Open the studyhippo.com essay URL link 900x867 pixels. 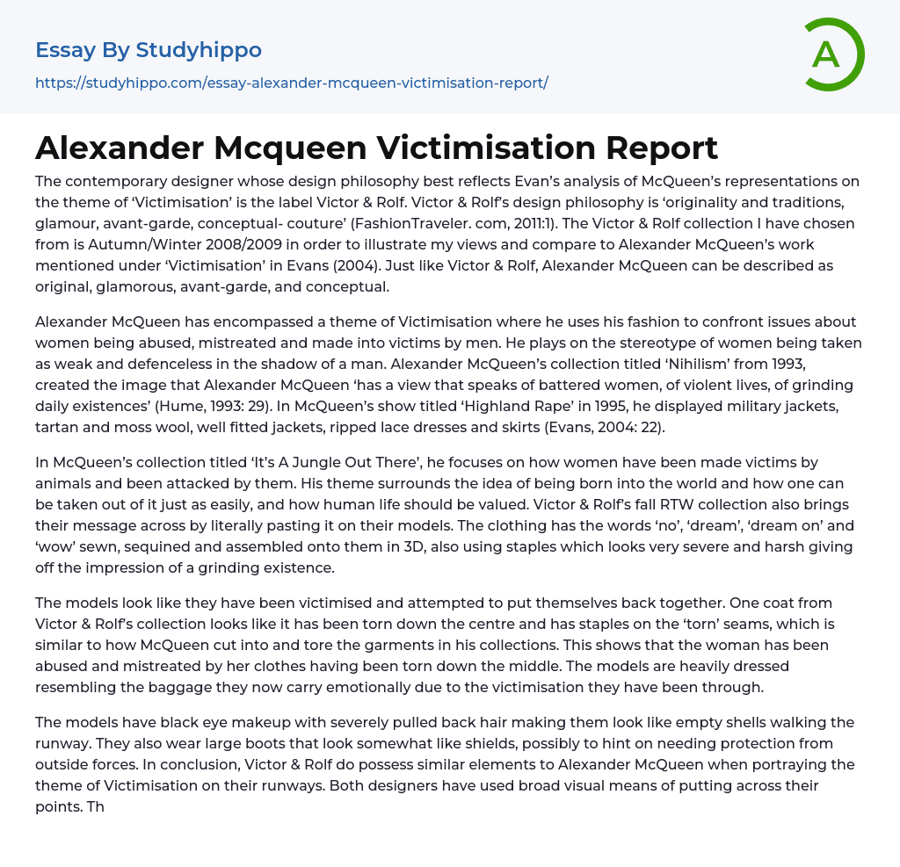coord(292,83)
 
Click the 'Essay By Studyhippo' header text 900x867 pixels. coord(149,50)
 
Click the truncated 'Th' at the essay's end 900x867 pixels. coord(95,806)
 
